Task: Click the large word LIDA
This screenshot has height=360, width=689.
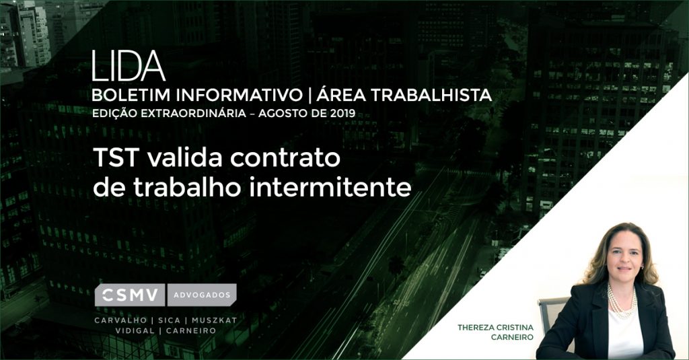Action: (129, 66)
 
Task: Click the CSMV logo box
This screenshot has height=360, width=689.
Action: (130, 295)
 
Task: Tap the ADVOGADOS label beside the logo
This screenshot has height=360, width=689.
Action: (202, 295)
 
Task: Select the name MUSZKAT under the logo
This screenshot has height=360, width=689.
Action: (214, 320)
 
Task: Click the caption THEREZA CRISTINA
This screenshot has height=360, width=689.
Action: (495, 328)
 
